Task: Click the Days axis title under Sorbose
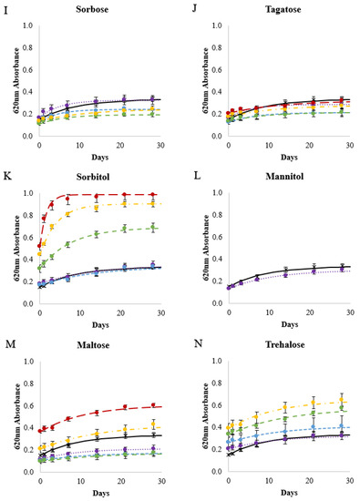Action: pos(100,158)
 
